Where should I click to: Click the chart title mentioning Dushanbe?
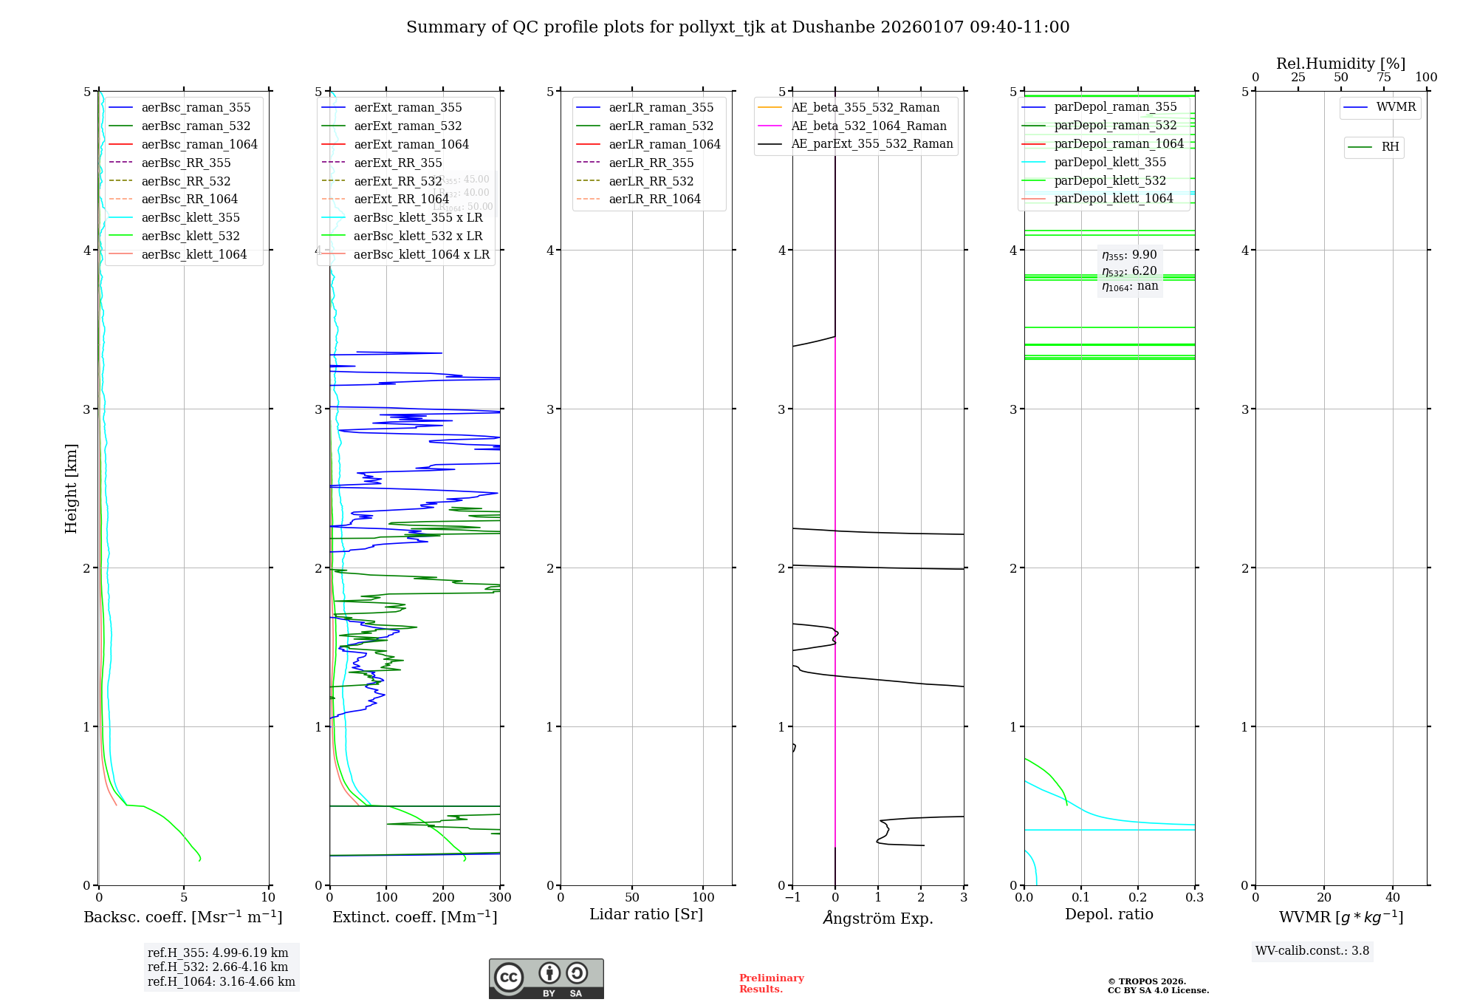click(x=738, y=27)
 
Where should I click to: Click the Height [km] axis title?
click(x=71, y=488)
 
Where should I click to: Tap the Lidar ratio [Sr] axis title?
click(x=646, y=914)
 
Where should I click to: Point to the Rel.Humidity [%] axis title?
click(x=1340, y=64)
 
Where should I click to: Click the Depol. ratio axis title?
click(x=1108, y=914)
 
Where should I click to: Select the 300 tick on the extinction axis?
click(x=500, y=897)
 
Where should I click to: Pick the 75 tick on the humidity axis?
click(x=1383, y=78)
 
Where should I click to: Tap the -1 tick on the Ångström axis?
click(x=792, y=897)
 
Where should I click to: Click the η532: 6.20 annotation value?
click(x=1129, y=271)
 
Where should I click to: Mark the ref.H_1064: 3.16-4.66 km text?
click(x=221, y=982)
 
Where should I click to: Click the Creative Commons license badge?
click(x=546, y=978)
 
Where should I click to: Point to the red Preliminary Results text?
click(x=771, y=984)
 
